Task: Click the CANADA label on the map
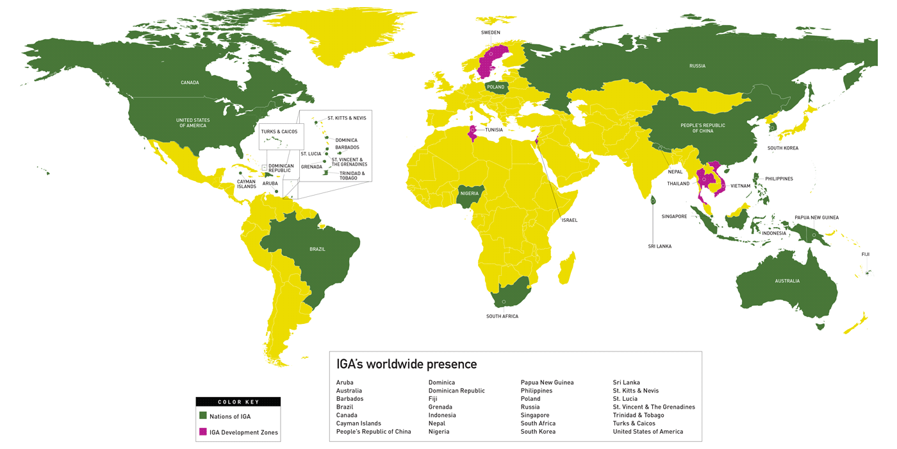[x=190, y=83]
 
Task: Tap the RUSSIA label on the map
[x=697, y=66]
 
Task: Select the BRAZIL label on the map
[x=317, y=249]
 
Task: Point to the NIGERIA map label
[x=469, y=193]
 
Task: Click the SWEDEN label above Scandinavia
[x=490, y=33]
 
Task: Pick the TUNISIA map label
[x=493, y=130]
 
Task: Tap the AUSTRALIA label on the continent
[x=787, y=281]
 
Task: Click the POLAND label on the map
[x=495, y=87]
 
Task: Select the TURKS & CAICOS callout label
[x=279, y=132]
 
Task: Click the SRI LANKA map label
[x=659, y=246]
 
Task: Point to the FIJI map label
[x=865, y=255]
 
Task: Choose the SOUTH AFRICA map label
[x=502, y=316]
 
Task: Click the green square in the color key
[x=203, y=416]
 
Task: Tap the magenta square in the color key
[x=203, y=432]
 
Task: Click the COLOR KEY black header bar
[x=238, y=402]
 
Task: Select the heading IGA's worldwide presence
[x=406, y=364]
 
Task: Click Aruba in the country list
[x=345, y=383]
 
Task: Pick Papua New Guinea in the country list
[x=547, y=383]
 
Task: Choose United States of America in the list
[x=648, y=432]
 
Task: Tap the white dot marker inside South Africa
[x=504, y=301]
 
